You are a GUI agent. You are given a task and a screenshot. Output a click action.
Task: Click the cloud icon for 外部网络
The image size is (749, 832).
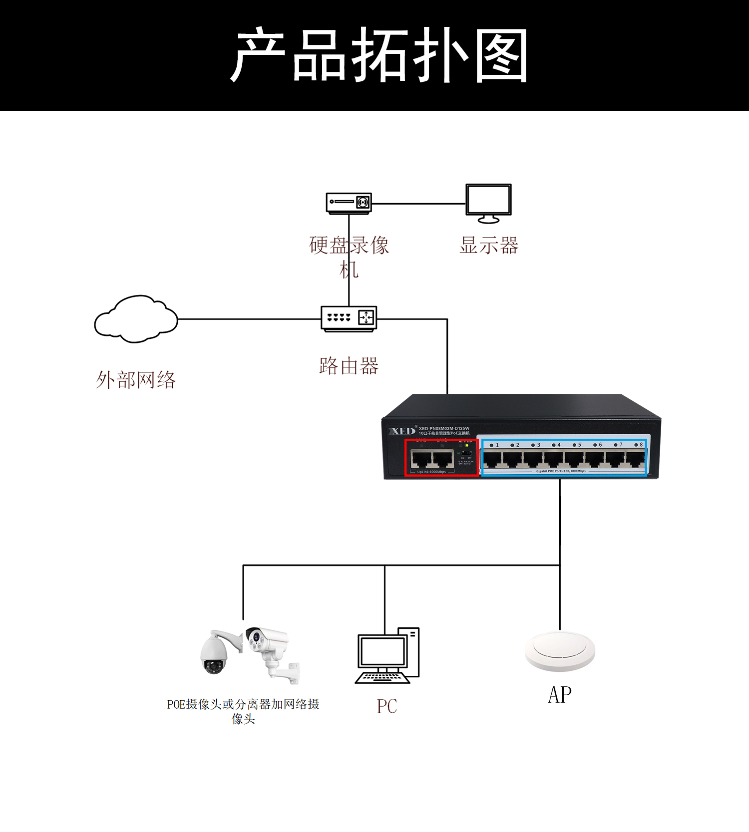tap(136, 319)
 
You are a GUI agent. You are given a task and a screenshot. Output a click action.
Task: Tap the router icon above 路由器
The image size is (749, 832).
tap(349, 318)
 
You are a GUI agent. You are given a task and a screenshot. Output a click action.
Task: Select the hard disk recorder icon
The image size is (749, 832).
tap(349, 203)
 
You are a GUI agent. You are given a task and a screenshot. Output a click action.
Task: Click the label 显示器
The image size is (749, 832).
tap(489, 246)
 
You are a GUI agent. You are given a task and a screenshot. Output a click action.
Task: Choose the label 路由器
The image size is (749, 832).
tap(349, 366)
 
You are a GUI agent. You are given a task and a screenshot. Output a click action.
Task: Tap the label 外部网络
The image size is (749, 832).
tap(136, 380)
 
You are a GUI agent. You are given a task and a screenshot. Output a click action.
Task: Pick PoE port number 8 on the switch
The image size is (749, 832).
tap(635, 459)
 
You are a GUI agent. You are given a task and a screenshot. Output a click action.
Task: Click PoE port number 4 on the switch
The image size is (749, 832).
tap(554, 459)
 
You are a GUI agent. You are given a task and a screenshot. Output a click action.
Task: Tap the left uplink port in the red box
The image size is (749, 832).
tap(421, 459)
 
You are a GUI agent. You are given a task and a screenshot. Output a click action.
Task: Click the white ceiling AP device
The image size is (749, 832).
tap(560, 651)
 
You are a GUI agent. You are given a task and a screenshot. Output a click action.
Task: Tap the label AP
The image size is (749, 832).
tap(560, 695)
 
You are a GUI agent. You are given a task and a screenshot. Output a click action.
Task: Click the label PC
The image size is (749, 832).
tap(387, 707)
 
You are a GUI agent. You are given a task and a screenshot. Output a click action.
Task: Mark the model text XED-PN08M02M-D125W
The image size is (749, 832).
tap(444, 428)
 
